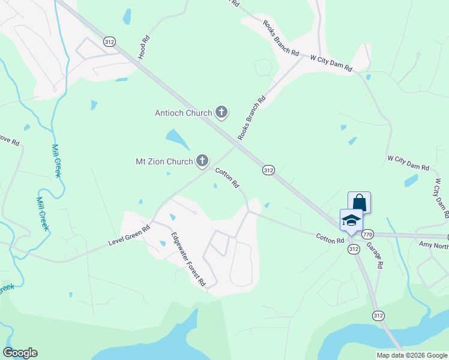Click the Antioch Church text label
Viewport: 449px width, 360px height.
click(x=183, y=113)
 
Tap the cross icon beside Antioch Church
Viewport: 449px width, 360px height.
click(x=221, y=112)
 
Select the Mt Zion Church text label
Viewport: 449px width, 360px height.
click(x=163, y=161)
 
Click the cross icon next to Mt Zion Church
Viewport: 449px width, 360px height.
click(x=202, y=161)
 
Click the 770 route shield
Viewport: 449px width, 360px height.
click(x=367, y=234)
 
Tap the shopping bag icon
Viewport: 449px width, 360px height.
click(x=359, y=202)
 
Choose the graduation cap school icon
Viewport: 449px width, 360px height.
click(x=351, y=220)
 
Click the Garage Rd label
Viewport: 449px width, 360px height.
click(x=375, y=255)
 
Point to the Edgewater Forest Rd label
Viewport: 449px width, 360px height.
click(x=188, y=259)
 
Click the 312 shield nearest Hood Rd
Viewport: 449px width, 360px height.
click(x=109, y=41)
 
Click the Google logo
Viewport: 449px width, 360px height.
click(x=20, y=353)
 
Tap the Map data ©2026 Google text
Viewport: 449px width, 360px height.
click(x=412, y=355)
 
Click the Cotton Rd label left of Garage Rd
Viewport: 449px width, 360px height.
click(x=330, y=239)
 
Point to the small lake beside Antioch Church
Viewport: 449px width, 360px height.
click(x=178, y=139)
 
